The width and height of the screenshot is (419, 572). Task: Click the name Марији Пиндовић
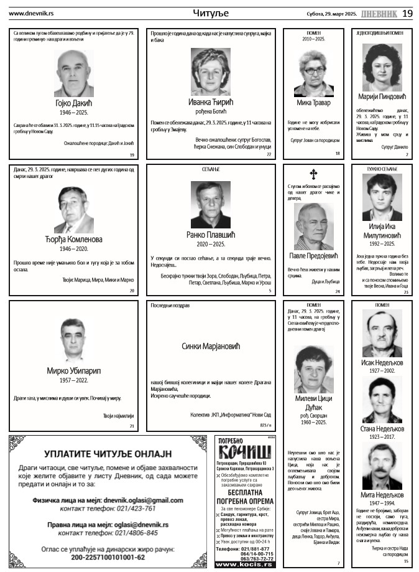tap(382, 96)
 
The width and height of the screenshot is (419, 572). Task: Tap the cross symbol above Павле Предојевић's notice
tap(313, 175)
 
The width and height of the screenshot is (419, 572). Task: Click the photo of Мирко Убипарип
tap(73, 340)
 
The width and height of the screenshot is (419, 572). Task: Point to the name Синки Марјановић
tap(210, 346)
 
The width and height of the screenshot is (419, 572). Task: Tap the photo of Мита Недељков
tap(382, 466)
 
